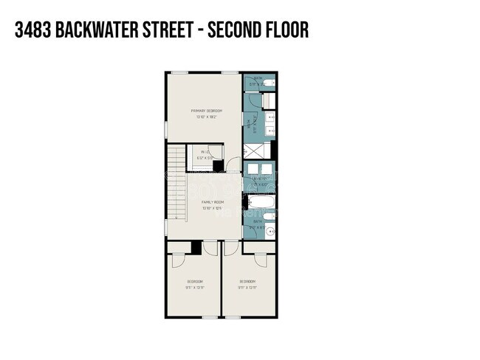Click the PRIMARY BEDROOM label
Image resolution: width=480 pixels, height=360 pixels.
[206, 112]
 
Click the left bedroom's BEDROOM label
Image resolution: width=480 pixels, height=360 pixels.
[195, 283]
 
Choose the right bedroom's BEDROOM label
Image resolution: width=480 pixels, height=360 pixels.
[247, 283]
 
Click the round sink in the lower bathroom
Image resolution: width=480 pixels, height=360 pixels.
[272, 230]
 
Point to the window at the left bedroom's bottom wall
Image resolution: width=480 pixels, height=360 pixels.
[194, 317]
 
